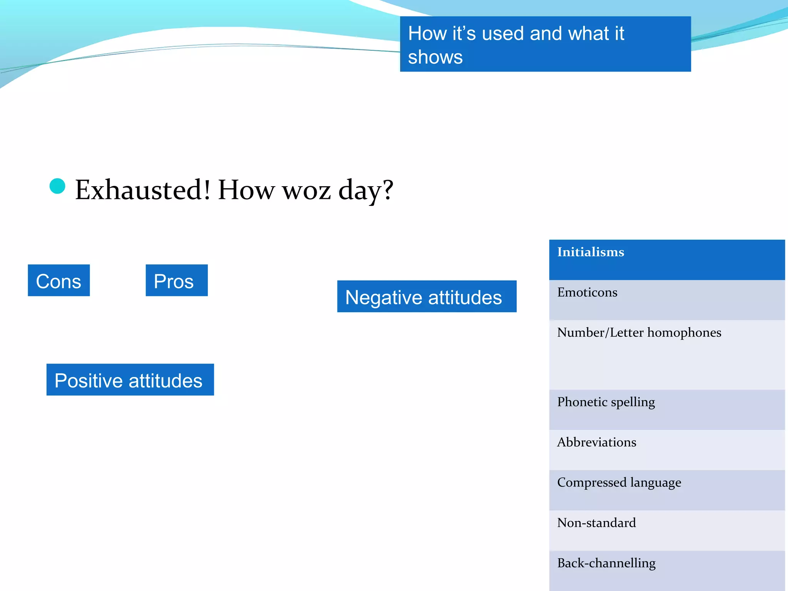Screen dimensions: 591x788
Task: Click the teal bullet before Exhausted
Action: pos(57,187)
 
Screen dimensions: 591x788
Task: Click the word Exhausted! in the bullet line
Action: pos(143,190)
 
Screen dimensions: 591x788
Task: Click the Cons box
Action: pos(59,280)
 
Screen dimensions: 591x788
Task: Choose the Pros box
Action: pos(177,280)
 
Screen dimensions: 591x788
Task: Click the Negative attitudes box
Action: pos(427,297)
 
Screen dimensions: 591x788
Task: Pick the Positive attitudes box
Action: pos(130,380)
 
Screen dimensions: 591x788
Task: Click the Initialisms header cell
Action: pos(666,260)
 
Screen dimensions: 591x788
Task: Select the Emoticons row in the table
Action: pos(666,300)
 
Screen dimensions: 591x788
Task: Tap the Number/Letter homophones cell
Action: pos(666,354)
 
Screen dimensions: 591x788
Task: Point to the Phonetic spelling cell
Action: pos(666,409)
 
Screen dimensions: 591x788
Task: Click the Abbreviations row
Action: pos(666,450)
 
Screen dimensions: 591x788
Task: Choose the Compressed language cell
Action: pos(666,490)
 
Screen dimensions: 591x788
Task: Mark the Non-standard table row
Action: pos(666,530)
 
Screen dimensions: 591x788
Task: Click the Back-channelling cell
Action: pos(666,570)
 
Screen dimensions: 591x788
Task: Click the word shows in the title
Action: pos(435,57)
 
